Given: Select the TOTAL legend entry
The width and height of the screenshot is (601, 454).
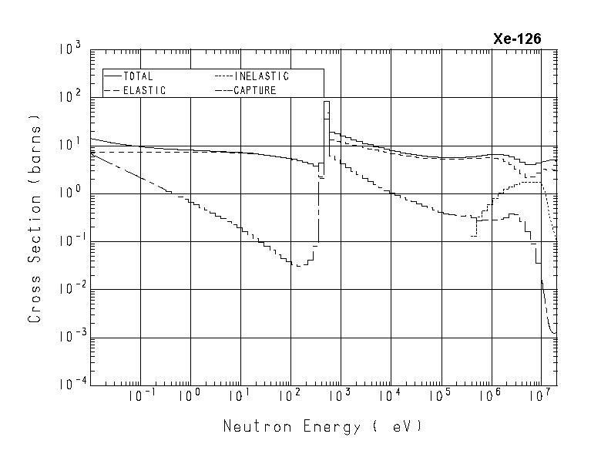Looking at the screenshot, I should [138, 77].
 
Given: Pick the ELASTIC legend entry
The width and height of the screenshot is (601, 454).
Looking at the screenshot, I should [143, 90].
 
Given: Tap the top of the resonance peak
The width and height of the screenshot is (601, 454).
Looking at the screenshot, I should [327, 102].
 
